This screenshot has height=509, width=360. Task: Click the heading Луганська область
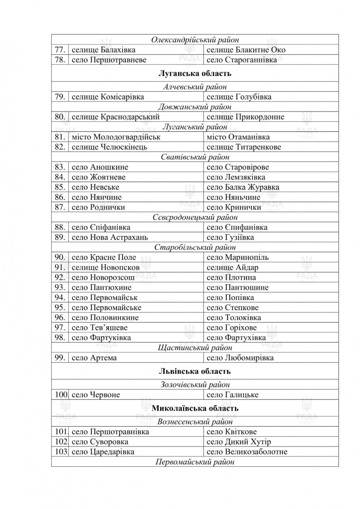tap(195, 73)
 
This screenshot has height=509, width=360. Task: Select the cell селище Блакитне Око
tap(246, 50)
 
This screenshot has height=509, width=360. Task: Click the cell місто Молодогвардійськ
tap(116, 137)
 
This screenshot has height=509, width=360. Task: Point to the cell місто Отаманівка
tap(238, 137)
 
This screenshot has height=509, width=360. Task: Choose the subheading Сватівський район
tap(195, 157)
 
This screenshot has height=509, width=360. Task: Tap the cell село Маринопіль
tap(237, 257)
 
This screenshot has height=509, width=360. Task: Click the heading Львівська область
tap(195, 371)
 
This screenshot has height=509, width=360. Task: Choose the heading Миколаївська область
tap(195, 408)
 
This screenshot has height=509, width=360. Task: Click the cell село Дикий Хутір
tap(238, 442)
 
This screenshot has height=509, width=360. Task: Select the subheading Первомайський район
tap(195, 462)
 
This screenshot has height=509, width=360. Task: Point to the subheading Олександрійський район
tap(195, 40)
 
